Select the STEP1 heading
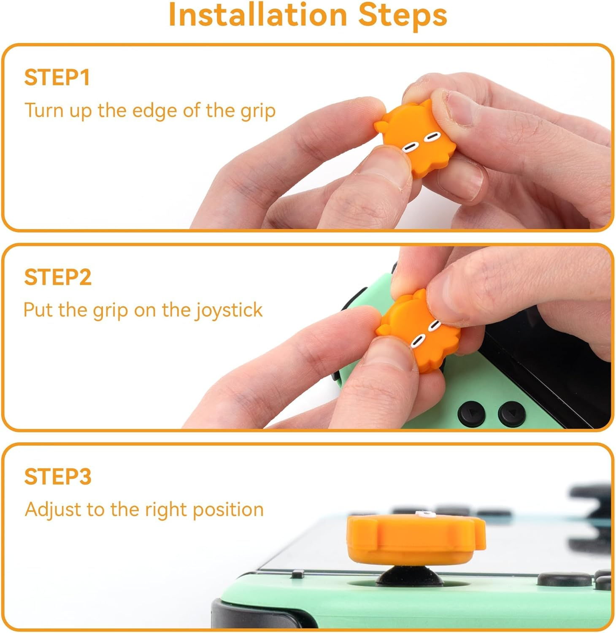click(x=57, y=78)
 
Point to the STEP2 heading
click(x=58, y=277)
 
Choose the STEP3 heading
click(x=58, y=476)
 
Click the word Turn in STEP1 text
click(x=43, y=111)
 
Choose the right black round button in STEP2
click(x=510, y=412)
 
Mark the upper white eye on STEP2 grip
click(x=434, y=325)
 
